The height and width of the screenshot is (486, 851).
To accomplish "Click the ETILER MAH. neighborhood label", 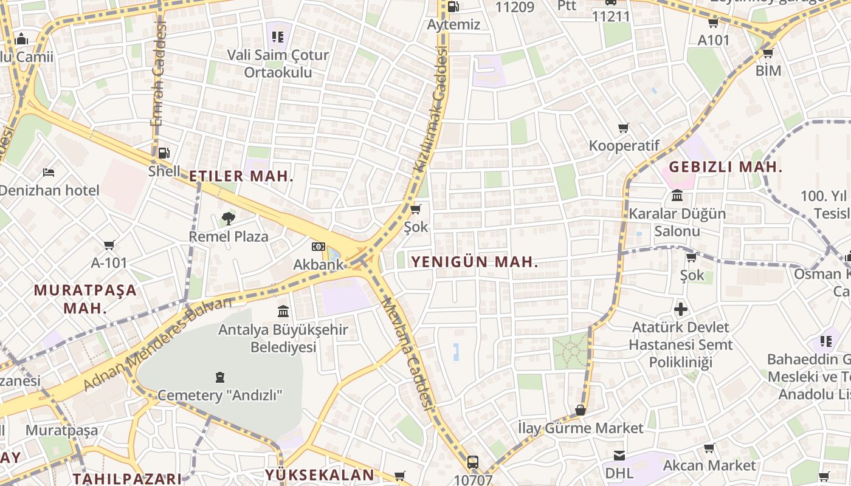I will (241, 177).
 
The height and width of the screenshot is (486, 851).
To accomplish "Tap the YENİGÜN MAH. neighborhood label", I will (475, 262).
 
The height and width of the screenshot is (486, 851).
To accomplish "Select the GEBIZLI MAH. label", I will (725, 166).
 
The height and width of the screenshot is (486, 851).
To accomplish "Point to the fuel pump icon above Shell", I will (164, 152).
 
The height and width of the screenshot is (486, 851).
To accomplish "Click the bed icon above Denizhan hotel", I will (49, 173).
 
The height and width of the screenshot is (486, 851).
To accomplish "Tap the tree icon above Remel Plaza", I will (229, 218).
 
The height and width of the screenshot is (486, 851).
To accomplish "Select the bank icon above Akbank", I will (319, 246).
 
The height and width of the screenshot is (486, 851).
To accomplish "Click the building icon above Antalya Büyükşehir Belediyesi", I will (283, 312).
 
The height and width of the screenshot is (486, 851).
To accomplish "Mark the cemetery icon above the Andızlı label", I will (220, 377).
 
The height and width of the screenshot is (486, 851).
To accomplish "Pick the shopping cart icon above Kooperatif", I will (624, 128).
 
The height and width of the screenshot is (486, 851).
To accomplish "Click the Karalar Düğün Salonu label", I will (677, 222).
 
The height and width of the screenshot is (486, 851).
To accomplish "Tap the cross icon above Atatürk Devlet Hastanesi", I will (681, 309).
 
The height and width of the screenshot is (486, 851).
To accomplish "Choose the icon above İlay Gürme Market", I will (581, 410).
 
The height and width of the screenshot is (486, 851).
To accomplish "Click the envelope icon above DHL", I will (619, 455).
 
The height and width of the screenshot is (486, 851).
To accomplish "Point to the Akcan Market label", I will (709, 466).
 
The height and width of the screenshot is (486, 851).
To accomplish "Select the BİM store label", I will (768, 70).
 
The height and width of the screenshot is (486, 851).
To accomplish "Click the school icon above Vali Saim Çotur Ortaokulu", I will (278, 36).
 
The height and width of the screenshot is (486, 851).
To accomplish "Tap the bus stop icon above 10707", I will (473, 462).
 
